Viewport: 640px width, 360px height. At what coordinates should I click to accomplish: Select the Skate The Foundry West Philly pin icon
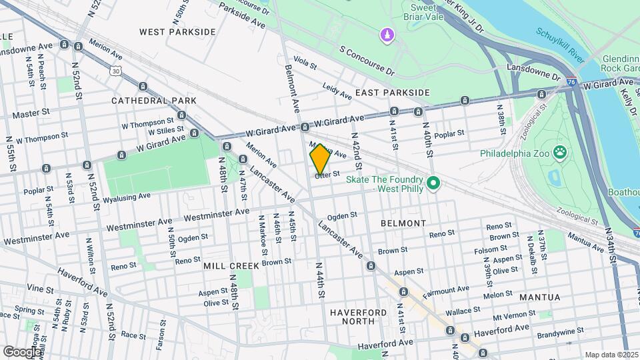(433, 181)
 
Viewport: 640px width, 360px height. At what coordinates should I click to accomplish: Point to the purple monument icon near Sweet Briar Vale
(385, 33)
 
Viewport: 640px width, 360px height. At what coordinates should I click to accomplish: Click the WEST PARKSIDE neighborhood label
(177, 31)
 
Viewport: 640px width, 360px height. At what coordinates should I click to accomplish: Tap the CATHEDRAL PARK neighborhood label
(154, 100)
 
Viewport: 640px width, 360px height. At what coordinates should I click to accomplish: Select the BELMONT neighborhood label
(403, 223)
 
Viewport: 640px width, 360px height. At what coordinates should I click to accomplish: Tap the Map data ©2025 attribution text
(611, 355)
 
